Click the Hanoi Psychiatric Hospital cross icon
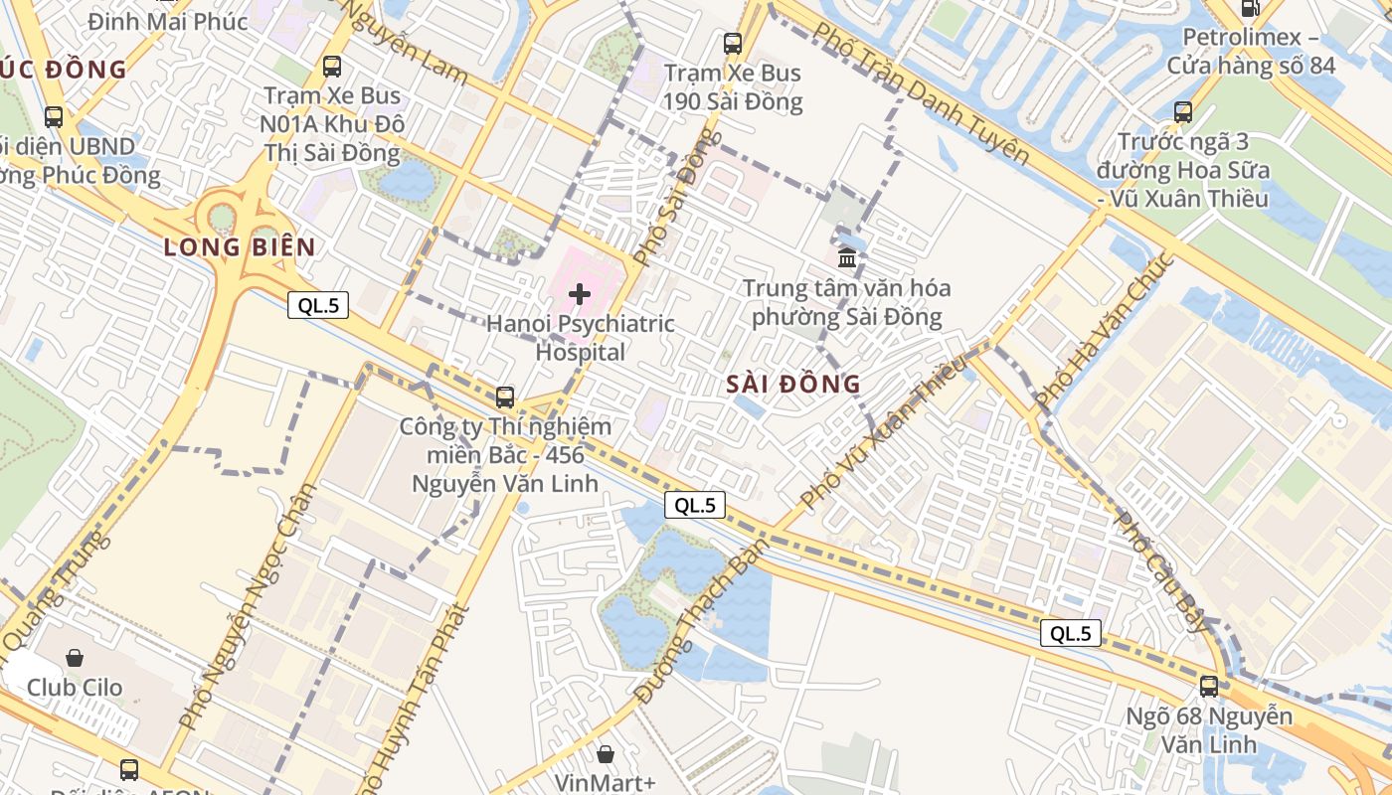click(x=580, y=294)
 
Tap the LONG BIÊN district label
click(x=240, y=247)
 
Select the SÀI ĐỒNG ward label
click(x=793, y=384)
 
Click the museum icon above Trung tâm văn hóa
click(x=847, y=258)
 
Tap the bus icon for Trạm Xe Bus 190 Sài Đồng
click(x=733, y=43)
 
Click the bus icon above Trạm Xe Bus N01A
click(x=332, y=67)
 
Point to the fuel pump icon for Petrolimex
click(x=1250, y=8)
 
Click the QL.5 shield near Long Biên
click(x=318, y=305)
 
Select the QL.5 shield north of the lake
click(x=695, y=505)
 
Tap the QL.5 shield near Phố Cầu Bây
click(x=1071, y=633)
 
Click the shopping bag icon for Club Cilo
click(x=75, y=658)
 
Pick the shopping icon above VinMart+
click(x=606, y=754)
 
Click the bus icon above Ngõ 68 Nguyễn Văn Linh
click(x=1209, y=686)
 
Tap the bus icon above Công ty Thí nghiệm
click(x=505, y=397)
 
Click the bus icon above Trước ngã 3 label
click(x=1183, y=112)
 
